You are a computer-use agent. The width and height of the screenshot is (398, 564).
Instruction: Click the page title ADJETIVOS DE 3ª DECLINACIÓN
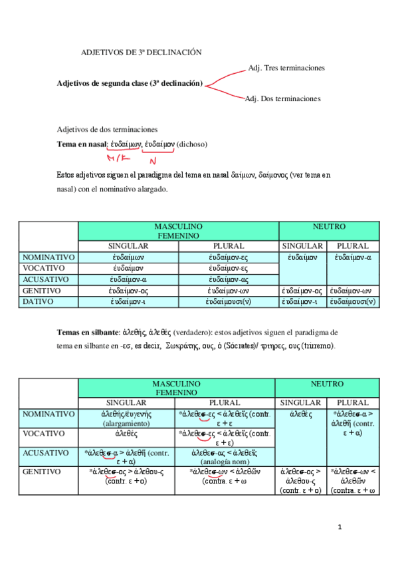pyautogui.click(x=141, y=52)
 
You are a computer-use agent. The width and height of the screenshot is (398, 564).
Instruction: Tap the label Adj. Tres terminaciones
pyautogui.click(x=286, y=68)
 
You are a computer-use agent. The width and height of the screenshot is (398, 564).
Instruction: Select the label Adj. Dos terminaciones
pyautogui.click(x=283, y=98)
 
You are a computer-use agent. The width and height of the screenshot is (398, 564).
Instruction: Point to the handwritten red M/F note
pyautogui.click(x=119, y=158)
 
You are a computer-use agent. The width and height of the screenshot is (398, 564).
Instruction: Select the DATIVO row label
pyautogui.click(x=41, y=303)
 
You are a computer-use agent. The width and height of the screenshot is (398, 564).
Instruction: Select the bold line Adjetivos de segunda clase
pyautogui.click(x=130, y=84)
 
